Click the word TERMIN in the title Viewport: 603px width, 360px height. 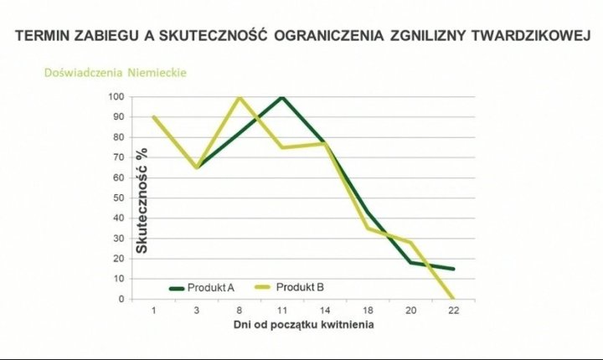click(44, 37)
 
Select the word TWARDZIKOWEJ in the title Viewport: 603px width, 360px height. click(530, 37)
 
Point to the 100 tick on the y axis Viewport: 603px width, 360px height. click(117, 97)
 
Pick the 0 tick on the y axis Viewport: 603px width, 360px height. click(122, 299)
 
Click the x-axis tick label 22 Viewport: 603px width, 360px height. click(453, 310)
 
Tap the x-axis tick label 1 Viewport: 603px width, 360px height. click(154, 310)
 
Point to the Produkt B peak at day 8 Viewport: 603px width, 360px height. click(240, 97)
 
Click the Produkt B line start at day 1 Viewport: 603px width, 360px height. click(154, 117)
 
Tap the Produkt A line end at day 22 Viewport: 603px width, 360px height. click(453, 269)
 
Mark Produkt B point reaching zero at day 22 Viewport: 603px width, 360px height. click(453, 298)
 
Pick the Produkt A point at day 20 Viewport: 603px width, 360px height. click(410, 262)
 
